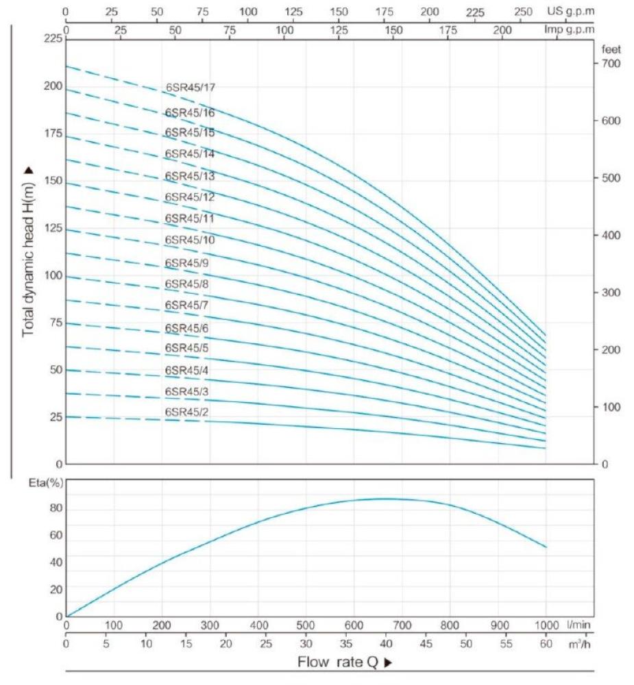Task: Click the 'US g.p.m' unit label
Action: pos(570,12)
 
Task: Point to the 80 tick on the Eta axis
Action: pos(55,508)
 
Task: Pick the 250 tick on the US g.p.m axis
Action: pos(522,12)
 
